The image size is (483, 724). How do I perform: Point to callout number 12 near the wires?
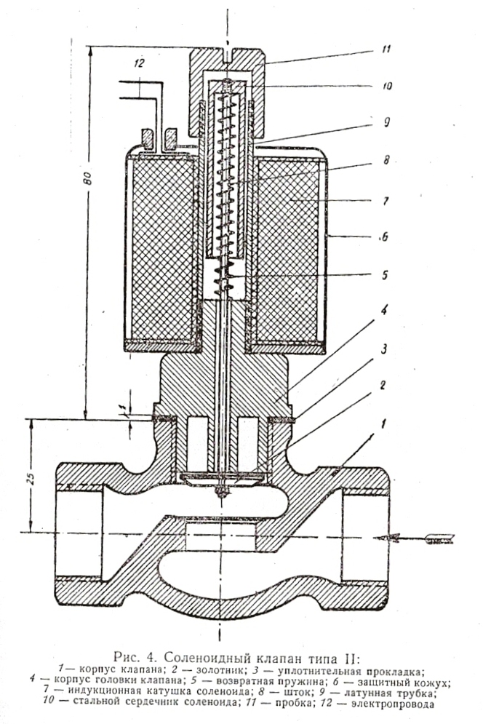pyautogui.click(x=139, y=64)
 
